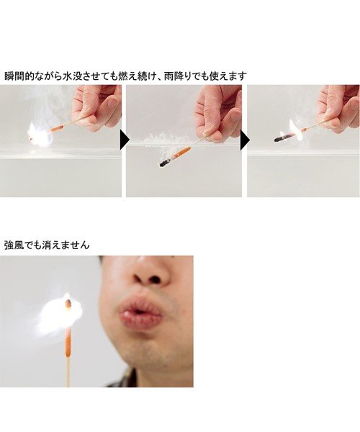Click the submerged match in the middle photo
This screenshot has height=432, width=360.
click(x=176, y=156)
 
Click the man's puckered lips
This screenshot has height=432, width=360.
click(x=140, y=315)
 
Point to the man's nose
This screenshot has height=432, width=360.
click(x=148, y=274)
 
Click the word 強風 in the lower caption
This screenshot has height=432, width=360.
click(x=15, y=245)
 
